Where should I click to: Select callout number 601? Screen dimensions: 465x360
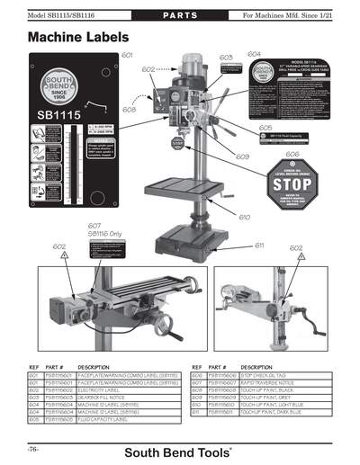click(x=127, y=55)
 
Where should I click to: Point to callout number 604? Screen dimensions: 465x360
click(x=254, y=53)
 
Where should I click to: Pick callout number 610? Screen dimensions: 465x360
click(x=245, y=217)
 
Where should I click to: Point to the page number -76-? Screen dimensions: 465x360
click(x=36, y=447)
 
